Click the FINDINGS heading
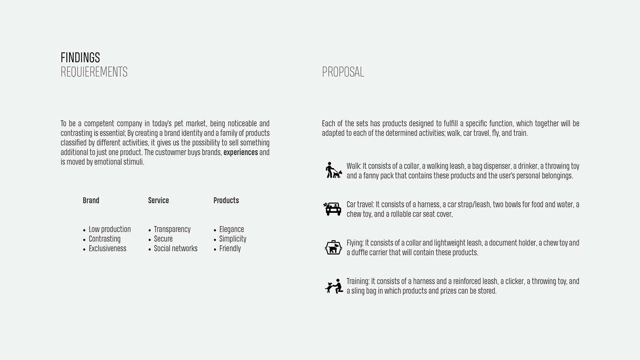point(80,58)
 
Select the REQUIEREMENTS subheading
point(94,72)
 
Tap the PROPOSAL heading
point(343,72)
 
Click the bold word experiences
point(240,153)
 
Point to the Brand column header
point(91,201)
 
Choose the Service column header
point(158,201)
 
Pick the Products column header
point(226,201)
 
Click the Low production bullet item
point(109,229)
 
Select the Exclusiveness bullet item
point(107,249)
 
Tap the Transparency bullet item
point(172,229)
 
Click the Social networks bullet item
point(176,249)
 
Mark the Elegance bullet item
point(231,229)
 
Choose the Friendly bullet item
point(230,249)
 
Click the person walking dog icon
point(333,170)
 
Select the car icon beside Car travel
point(332,209)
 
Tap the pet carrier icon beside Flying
point(333,247)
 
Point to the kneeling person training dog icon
point(334,286)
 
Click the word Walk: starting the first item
point(354,166)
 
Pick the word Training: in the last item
point(358,281)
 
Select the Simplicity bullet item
point(233,239)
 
